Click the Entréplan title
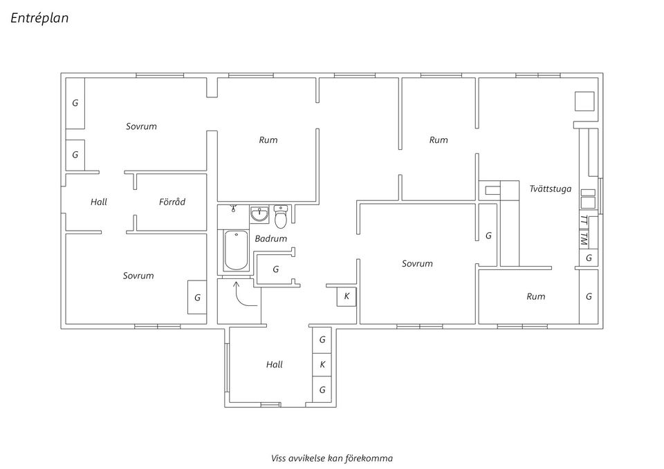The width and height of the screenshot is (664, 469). tap(40, 19)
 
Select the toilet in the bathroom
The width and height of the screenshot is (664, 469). tap(280, 218)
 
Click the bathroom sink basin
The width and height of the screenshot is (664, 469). tap(260, 215)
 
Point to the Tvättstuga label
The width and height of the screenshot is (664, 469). tap(550, 188)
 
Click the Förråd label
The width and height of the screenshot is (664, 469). tap(172, 202)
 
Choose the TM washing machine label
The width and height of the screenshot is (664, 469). tap(584, 238)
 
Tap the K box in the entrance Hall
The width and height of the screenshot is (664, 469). tap(322, 364)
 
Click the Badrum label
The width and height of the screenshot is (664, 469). tap(270, 238)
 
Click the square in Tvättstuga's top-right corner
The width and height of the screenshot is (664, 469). tap(585, 101)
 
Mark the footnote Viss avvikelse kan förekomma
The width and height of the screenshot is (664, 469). tap(332, 457)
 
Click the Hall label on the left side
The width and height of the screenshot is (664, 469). tap(99, 202)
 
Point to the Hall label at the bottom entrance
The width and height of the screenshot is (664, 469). tap(275, 364)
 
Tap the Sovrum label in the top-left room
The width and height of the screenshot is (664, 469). tap(141, 126)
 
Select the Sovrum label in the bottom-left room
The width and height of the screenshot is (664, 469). tap(138, 276)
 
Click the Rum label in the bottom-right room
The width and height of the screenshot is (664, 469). tap(535, 296)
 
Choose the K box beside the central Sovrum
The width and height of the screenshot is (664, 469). tap(347, 296)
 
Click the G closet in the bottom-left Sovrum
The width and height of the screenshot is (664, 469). tap(197, 297)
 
